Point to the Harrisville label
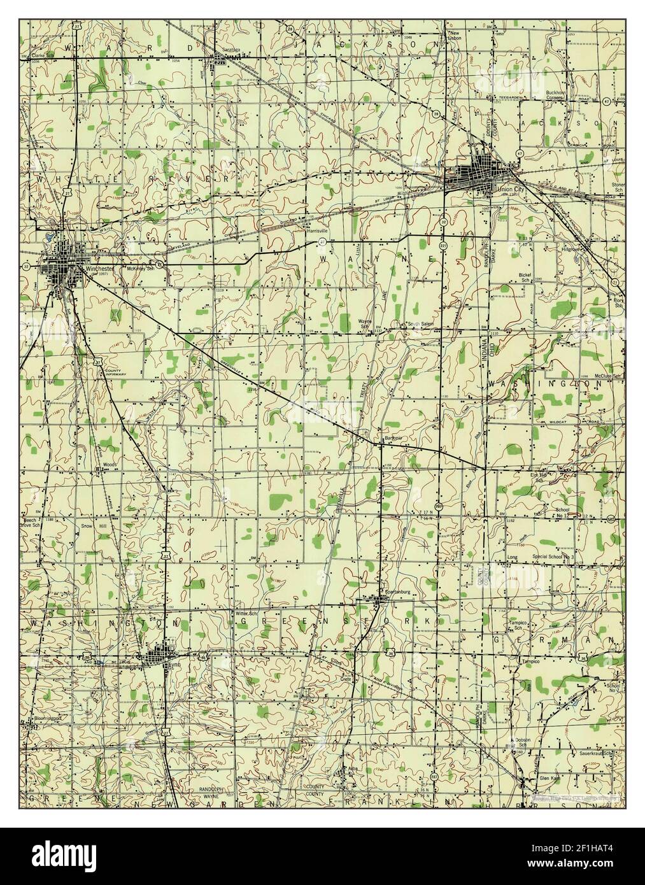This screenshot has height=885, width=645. coord(316,230)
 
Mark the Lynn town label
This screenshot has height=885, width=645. coord(167,664)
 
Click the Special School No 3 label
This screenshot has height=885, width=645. coord(554,557)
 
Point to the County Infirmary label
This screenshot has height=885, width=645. coord(113,373)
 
